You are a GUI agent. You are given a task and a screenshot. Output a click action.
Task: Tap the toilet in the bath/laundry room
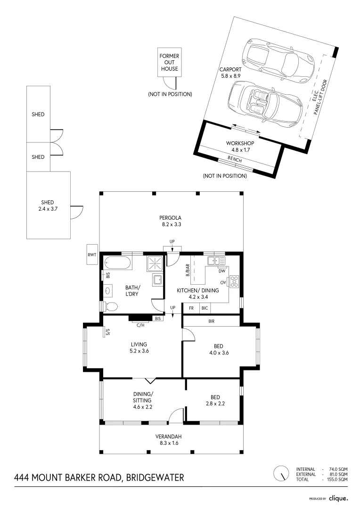coord(110,307)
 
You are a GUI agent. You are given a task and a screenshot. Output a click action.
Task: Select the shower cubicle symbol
coord(155,263)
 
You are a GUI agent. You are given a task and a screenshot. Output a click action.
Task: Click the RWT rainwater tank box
coord(91,255)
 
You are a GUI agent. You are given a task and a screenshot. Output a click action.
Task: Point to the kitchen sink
coord(216,260)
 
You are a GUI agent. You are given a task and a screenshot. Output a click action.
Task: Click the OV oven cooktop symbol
coord(233,282)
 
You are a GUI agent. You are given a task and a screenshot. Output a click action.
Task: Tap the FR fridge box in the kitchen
coord(191,308)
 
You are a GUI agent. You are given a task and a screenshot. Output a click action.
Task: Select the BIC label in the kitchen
coord(205,308)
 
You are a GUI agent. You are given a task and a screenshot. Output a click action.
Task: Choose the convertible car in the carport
coord(266,103)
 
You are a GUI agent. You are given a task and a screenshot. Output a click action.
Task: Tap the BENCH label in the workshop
coord(234,160)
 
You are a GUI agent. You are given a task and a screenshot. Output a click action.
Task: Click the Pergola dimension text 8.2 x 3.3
coord(171,225)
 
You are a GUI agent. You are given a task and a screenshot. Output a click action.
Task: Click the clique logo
coord(338,498)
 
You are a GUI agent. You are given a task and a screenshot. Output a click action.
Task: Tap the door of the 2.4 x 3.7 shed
coord(76,212)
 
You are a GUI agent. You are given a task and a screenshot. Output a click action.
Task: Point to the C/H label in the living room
coord(140,325)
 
